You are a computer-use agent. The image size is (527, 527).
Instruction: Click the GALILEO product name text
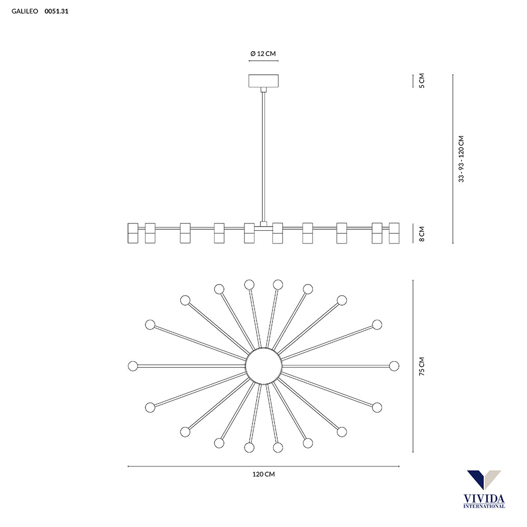point(25,11)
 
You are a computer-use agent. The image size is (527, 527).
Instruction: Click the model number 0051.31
point(56,11)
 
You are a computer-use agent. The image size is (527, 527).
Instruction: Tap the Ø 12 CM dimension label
point(263,53)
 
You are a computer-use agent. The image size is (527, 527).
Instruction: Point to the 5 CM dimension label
point(422,81)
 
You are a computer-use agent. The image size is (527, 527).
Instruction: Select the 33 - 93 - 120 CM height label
point(461,159)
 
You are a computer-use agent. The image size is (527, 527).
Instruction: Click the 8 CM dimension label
point(422,233)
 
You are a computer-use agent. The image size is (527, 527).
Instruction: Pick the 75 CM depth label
point(422,366)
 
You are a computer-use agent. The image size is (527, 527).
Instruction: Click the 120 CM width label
point(263,474)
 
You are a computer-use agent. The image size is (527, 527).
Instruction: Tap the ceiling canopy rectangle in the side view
point(263,81)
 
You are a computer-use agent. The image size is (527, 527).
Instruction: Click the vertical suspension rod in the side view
point(263,157)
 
